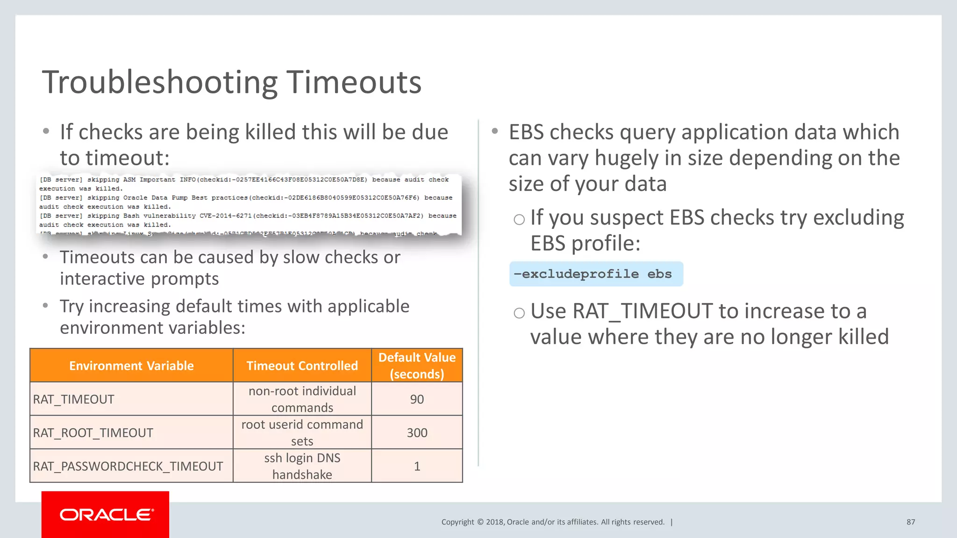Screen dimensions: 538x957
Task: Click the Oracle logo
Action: click(x=106, y=515)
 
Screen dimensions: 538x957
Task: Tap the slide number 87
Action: click(x=911, y=522)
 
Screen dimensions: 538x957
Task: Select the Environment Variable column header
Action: click(x=131, y=366)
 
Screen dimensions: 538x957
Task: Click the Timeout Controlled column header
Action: click(x=302, y=366)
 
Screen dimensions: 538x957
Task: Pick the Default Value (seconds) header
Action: click(x=417, y=366)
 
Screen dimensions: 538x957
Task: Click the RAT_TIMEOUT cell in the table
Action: click(x=74, y=399)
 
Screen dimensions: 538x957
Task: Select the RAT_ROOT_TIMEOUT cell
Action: click(x=93, y=433)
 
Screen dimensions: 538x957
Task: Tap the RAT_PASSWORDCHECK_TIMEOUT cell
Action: click(x=128, y=466)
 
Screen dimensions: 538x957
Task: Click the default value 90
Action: click(x=417, y=399)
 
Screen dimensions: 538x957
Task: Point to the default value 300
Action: click(x=417, y=433)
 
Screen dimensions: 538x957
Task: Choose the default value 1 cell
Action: click(x=417, y=466)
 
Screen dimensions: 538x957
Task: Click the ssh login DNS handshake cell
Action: click(x=302, y=466)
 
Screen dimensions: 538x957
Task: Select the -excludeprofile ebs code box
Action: click(x=596, y=274)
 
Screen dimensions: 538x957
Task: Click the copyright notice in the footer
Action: click(x=553, y=522)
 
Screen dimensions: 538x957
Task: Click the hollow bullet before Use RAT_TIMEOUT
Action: click(x=519, y=313)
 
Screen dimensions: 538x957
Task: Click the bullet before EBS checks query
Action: click(x=495, y=131)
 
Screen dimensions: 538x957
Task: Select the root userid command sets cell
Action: click(x=302, y=433)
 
